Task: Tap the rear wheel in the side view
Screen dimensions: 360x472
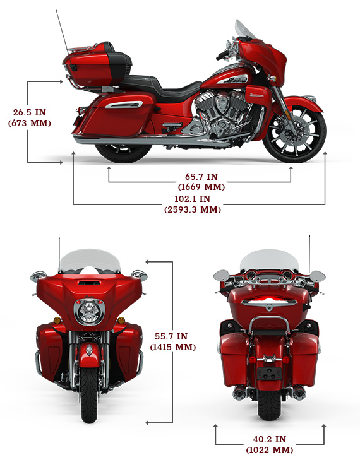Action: coord(124,152)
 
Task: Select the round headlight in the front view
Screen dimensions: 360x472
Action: coord(89,312)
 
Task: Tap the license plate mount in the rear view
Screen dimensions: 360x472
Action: coord(269,374)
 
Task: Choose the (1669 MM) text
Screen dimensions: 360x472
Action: coord(201,187)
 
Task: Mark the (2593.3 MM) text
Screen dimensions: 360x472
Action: coord(193,209)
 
